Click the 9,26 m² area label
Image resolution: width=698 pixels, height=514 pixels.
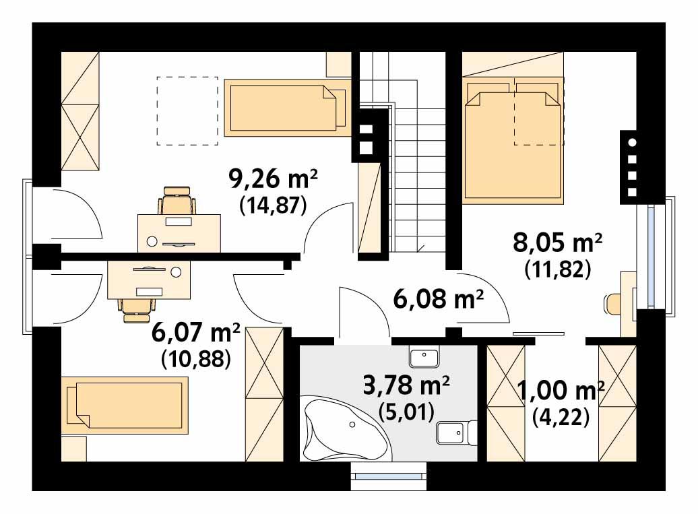click(273, 181)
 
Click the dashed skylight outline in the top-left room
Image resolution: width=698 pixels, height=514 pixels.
click(187, 110)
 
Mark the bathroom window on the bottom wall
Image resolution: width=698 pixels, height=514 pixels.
click(389, 475)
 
